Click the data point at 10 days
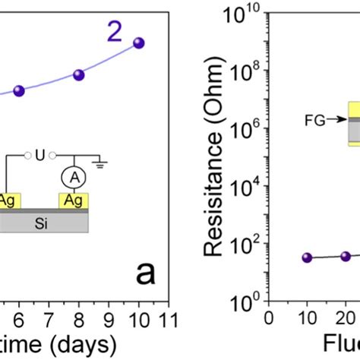(137, 43)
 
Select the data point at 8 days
(78, 74)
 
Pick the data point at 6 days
(20, 90)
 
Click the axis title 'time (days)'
(57, 342)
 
